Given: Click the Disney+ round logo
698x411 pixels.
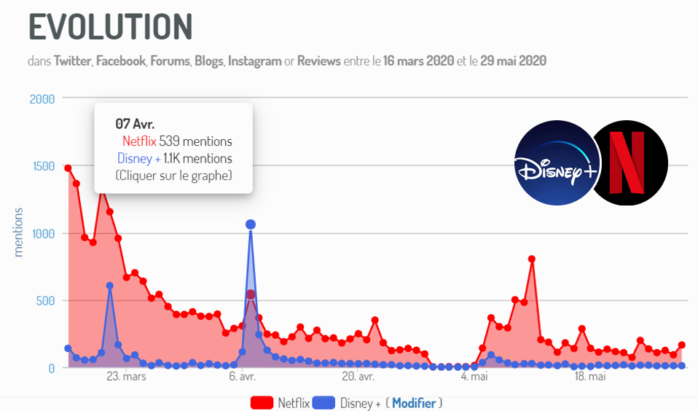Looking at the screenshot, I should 556,163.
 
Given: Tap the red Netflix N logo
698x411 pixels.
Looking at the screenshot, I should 627,163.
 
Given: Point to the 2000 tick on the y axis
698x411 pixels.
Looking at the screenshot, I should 42,98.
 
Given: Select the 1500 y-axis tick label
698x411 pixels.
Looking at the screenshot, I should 42,166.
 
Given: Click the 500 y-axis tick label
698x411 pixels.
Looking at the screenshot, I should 45,301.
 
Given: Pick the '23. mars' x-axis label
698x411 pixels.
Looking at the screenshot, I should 126,377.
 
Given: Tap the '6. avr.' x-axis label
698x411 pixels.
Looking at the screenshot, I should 241,377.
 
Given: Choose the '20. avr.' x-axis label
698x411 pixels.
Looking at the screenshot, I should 357,377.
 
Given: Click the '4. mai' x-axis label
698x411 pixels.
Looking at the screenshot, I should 474,377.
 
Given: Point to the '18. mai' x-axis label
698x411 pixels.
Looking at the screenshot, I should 590,377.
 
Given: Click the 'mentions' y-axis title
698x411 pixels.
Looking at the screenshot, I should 19,232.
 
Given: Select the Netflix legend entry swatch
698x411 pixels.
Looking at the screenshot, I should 262,403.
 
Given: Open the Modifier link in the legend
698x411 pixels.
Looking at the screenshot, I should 413,403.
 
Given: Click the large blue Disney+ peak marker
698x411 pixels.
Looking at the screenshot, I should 251,224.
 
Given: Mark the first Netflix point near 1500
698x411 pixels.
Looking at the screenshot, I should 68,168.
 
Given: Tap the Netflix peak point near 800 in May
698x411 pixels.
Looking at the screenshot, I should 532,259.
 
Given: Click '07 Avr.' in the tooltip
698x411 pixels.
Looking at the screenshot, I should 135,123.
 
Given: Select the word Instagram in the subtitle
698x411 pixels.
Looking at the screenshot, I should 254,61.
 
